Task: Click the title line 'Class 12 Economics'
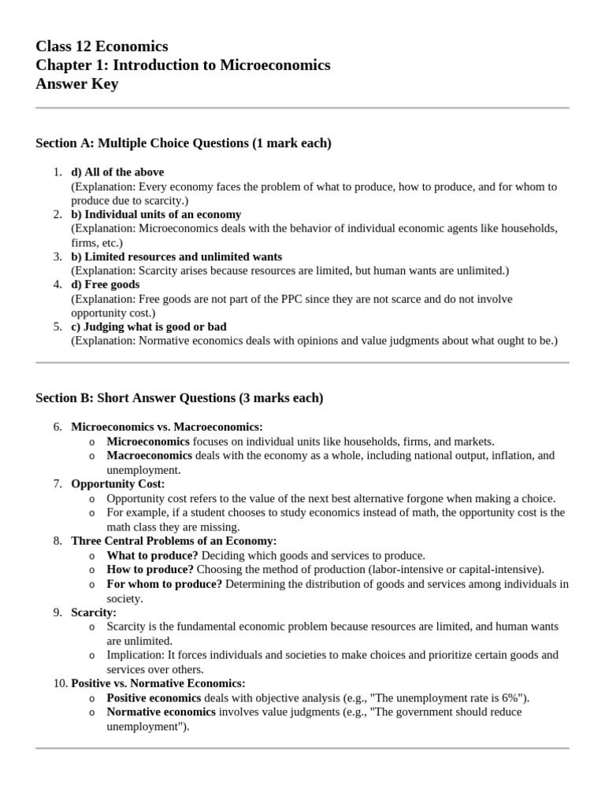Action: click(102, 46)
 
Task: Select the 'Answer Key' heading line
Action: click(77, 84)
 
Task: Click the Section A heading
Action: click(184, 143)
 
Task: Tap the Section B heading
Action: click(179, 398)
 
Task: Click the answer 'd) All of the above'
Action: click(117, 172)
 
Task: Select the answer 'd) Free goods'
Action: click(106, 284)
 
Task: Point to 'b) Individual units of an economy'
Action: click(156, 214)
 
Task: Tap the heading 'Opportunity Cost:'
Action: click(118, 484)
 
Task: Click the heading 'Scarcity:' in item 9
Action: click(94, 612)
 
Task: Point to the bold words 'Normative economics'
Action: click(161, 712)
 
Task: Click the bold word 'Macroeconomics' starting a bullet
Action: click(149, 456)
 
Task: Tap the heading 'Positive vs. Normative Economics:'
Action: click(158, 683)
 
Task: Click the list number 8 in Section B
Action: click(58, 542)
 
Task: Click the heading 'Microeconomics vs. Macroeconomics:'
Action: click(167, 427)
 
